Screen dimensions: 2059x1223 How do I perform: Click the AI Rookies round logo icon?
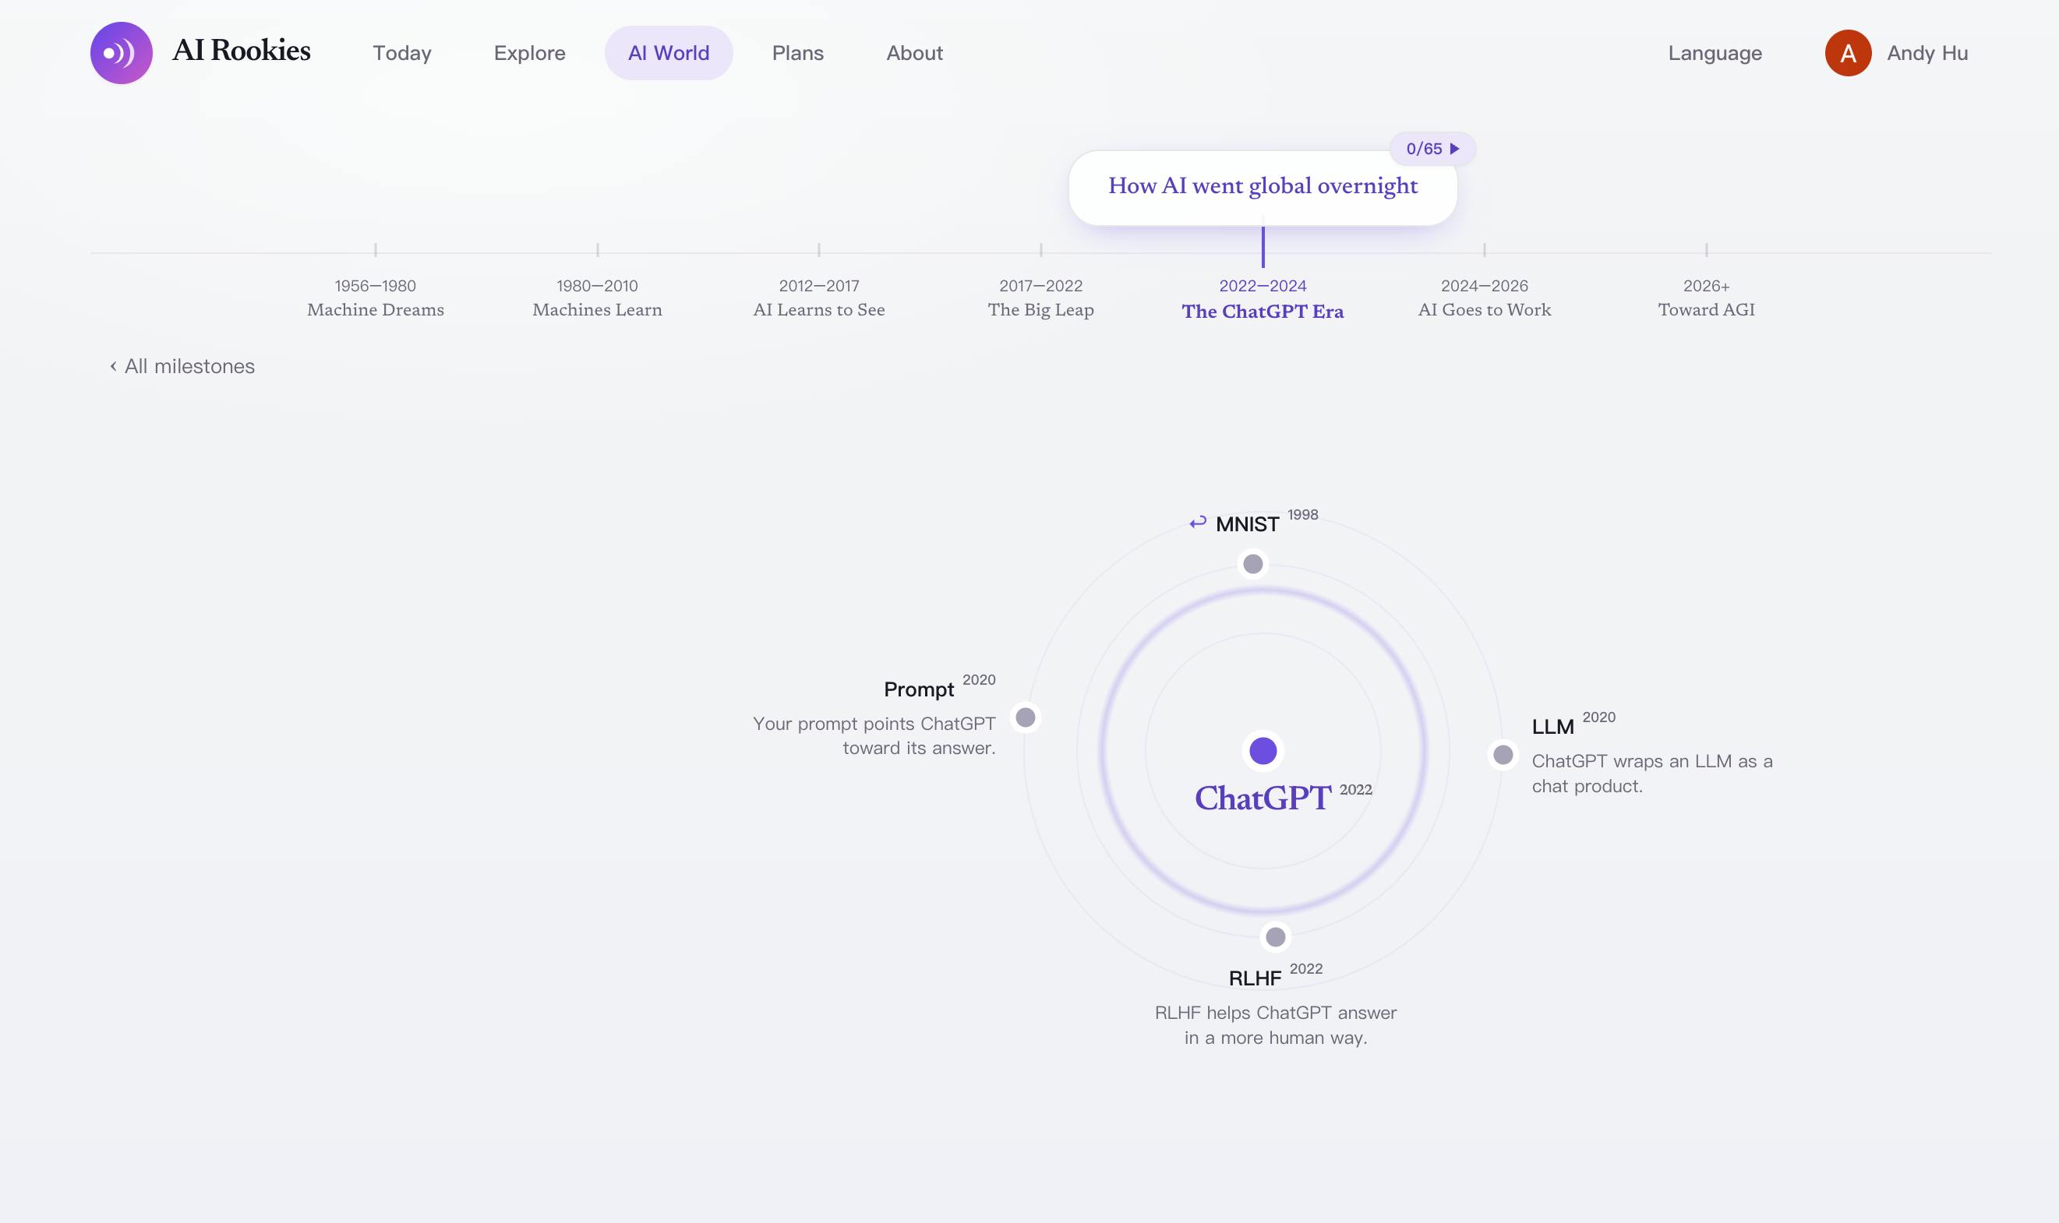[121, 53]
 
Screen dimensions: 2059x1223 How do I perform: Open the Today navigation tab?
[402, 53]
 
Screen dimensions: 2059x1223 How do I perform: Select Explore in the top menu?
[529, 53]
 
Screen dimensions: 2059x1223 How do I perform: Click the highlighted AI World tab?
[669, 53]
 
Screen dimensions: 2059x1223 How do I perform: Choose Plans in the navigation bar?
[798, 53]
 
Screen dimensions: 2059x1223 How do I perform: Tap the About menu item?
[914, 53]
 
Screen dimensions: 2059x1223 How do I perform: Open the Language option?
[1715, 53]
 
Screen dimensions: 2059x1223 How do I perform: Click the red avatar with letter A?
[1848, 53]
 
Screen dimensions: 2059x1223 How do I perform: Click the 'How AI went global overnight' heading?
[1263, 186]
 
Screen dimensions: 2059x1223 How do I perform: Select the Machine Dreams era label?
[375, 310]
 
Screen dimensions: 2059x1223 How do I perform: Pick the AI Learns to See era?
[818, 310]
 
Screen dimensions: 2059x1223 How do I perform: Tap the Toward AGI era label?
[1706, 310]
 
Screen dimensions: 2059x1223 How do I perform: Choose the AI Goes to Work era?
[1485, 310]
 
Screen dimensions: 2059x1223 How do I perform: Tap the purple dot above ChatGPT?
[1263, 751]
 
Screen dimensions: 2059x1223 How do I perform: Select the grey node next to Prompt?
[1026, 717]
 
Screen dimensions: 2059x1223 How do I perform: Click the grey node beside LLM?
[1503, 755]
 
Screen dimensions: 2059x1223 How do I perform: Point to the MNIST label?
[1247, 524]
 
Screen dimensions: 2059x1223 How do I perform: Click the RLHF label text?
[1255, 978]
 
